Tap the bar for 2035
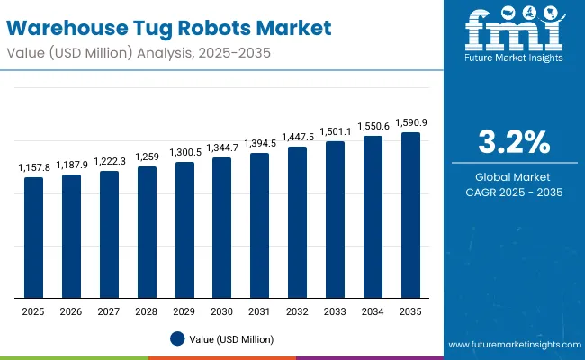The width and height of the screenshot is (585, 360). (x=410, y=215)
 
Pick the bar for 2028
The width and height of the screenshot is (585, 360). (x=147, y=232)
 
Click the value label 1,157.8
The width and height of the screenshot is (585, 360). (x=33, y=168)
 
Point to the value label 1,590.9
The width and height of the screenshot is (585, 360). (x=410, y=123)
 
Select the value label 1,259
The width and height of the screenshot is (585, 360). (x=147, y=157)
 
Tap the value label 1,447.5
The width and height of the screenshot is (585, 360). (x=297, y=138)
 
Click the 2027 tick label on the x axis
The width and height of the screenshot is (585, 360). (x=109, y=311)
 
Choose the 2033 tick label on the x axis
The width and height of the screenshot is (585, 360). (x=335, y=311)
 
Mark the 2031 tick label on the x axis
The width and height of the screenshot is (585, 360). (x=259, y=311)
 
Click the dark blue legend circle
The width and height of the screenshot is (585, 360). (x=177, y=339)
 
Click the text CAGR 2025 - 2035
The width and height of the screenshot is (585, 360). (x=514, y=193)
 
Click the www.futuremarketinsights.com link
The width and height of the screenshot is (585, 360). (x=512, y=345)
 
